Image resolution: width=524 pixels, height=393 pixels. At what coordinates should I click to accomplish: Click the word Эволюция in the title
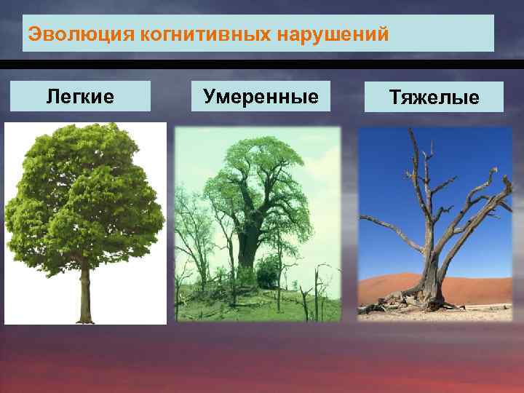tap(60, 34)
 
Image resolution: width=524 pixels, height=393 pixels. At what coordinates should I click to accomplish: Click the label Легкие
tap(80, 96)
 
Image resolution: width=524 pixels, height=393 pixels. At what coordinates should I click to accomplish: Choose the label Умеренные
tap(261, 96)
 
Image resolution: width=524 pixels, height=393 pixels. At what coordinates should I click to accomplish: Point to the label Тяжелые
tap(434, 97)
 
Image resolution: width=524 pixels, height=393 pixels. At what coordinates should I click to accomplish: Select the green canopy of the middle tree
tap(251, 175)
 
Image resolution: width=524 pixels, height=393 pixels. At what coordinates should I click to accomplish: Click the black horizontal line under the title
tap(262, 61)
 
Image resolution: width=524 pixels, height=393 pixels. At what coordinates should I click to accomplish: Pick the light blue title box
tap(437, 34)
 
